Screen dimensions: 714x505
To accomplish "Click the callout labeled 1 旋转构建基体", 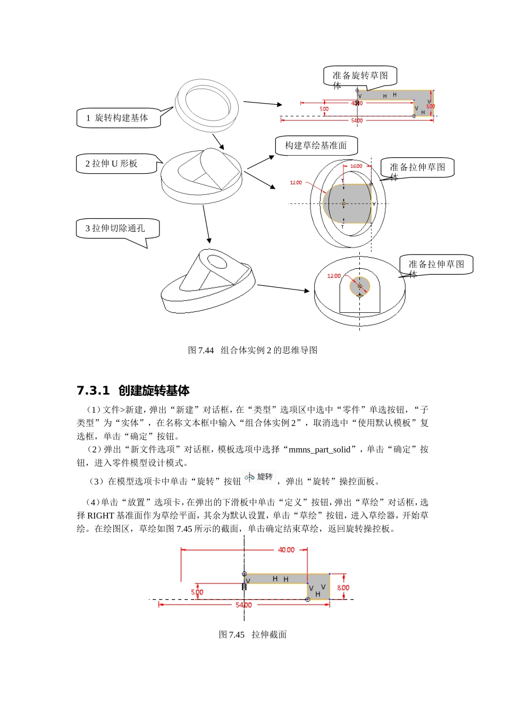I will [x=118, y=118].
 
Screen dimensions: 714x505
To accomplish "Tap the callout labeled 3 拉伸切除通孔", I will [x=116, y=228].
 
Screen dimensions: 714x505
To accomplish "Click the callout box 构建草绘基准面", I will [x=316, y=146].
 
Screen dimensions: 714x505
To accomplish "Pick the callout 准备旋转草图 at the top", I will [x=360, y=76].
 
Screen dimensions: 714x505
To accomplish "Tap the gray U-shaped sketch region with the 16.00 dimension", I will [x=348, y=203].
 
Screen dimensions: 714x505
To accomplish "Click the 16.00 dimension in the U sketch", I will [x=356, y=166].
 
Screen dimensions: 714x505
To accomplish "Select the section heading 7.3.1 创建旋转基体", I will [x=133, y=390].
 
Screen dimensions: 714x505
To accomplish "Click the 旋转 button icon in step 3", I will [x=259, y=477].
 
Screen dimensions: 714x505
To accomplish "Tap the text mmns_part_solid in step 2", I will [x=319, y=449].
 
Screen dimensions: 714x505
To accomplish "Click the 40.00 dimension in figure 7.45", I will [x=286, y=550].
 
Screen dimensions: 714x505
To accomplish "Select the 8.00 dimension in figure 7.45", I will [x=343, y=588].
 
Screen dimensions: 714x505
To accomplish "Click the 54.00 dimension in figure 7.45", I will [x=243, y=605].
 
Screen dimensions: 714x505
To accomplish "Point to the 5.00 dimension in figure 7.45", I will [x=197, y=592].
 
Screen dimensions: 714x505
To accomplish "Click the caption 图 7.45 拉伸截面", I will [x=252, y=634].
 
